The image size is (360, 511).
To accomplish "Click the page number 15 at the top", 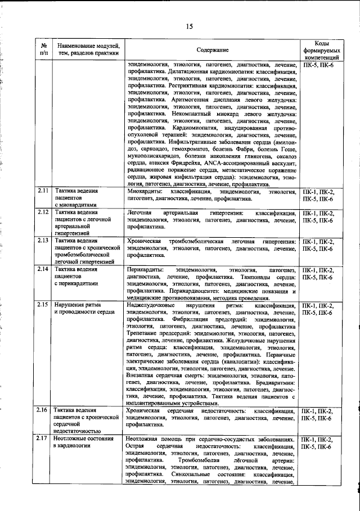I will coord(190,26).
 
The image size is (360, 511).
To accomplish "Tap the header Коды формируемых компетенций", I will coord(322,50).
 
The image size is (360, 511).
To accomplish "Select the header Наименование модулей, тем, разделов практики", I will coord(87,50).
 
